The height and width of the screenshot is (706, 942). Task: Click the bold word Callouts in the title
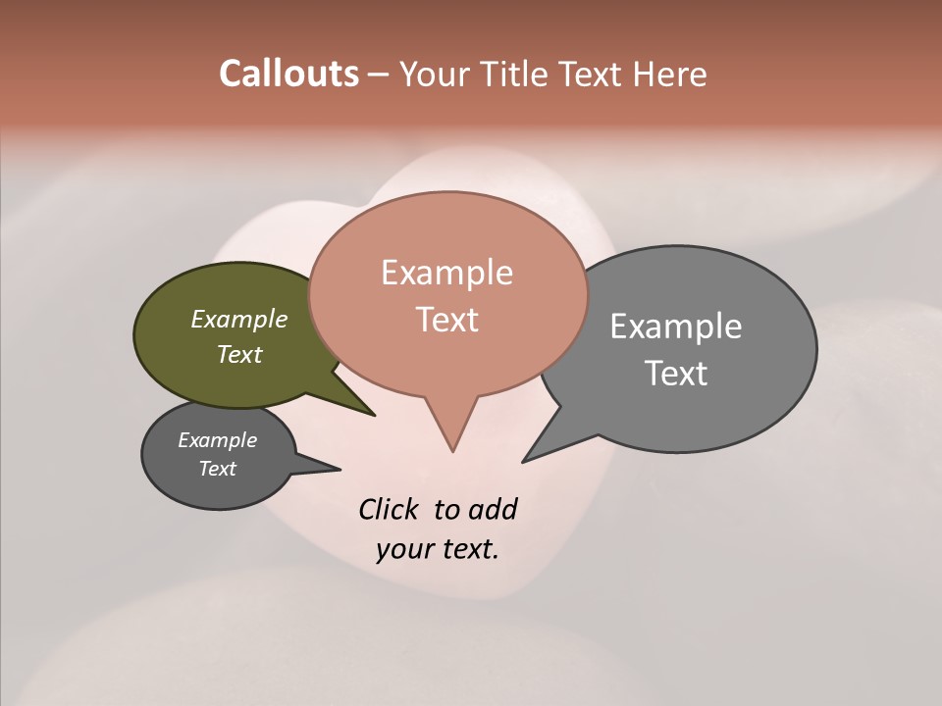(288, 74)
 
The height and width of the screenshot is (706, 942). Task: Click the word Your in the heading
(436, 74)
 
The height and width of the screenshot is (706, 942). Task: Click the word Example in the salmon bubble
(446, 272)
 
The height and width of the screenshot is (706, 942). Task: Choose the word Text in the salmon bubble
(446, 320)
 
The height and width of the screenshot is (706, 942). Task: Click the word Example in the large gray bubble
(675, 326)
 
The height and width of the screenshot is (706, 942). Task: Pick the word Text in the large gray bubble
(675, 374)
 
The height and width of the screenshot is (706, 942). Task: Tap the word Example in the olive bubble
(239, 319)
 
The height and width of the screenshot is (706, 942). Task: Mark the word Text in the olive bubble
(239, 354)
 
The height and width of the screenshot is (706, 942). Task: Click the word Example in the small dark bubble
(217, 440)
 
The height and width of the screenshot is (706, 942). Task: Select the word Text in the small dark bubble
(217, 469)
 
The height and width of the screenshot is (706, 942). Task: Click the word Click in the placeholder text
(389, 509)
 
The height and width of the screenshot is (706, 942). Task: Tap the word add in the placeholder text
(492, 509)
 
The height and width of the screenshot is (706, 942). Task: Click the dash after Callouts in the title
(379, 75)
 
